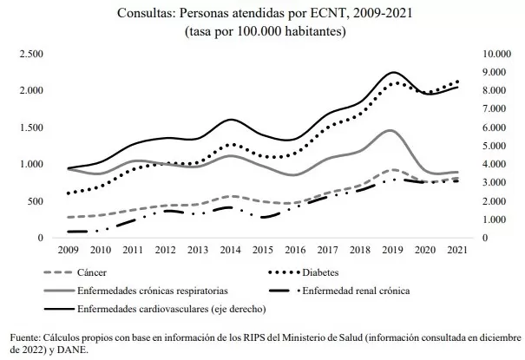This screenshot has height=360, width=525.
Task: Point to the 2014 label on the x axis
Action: pos(231,251)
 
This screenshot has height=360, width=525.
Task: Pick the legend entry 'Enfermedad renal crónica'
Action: pos(360,290)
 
